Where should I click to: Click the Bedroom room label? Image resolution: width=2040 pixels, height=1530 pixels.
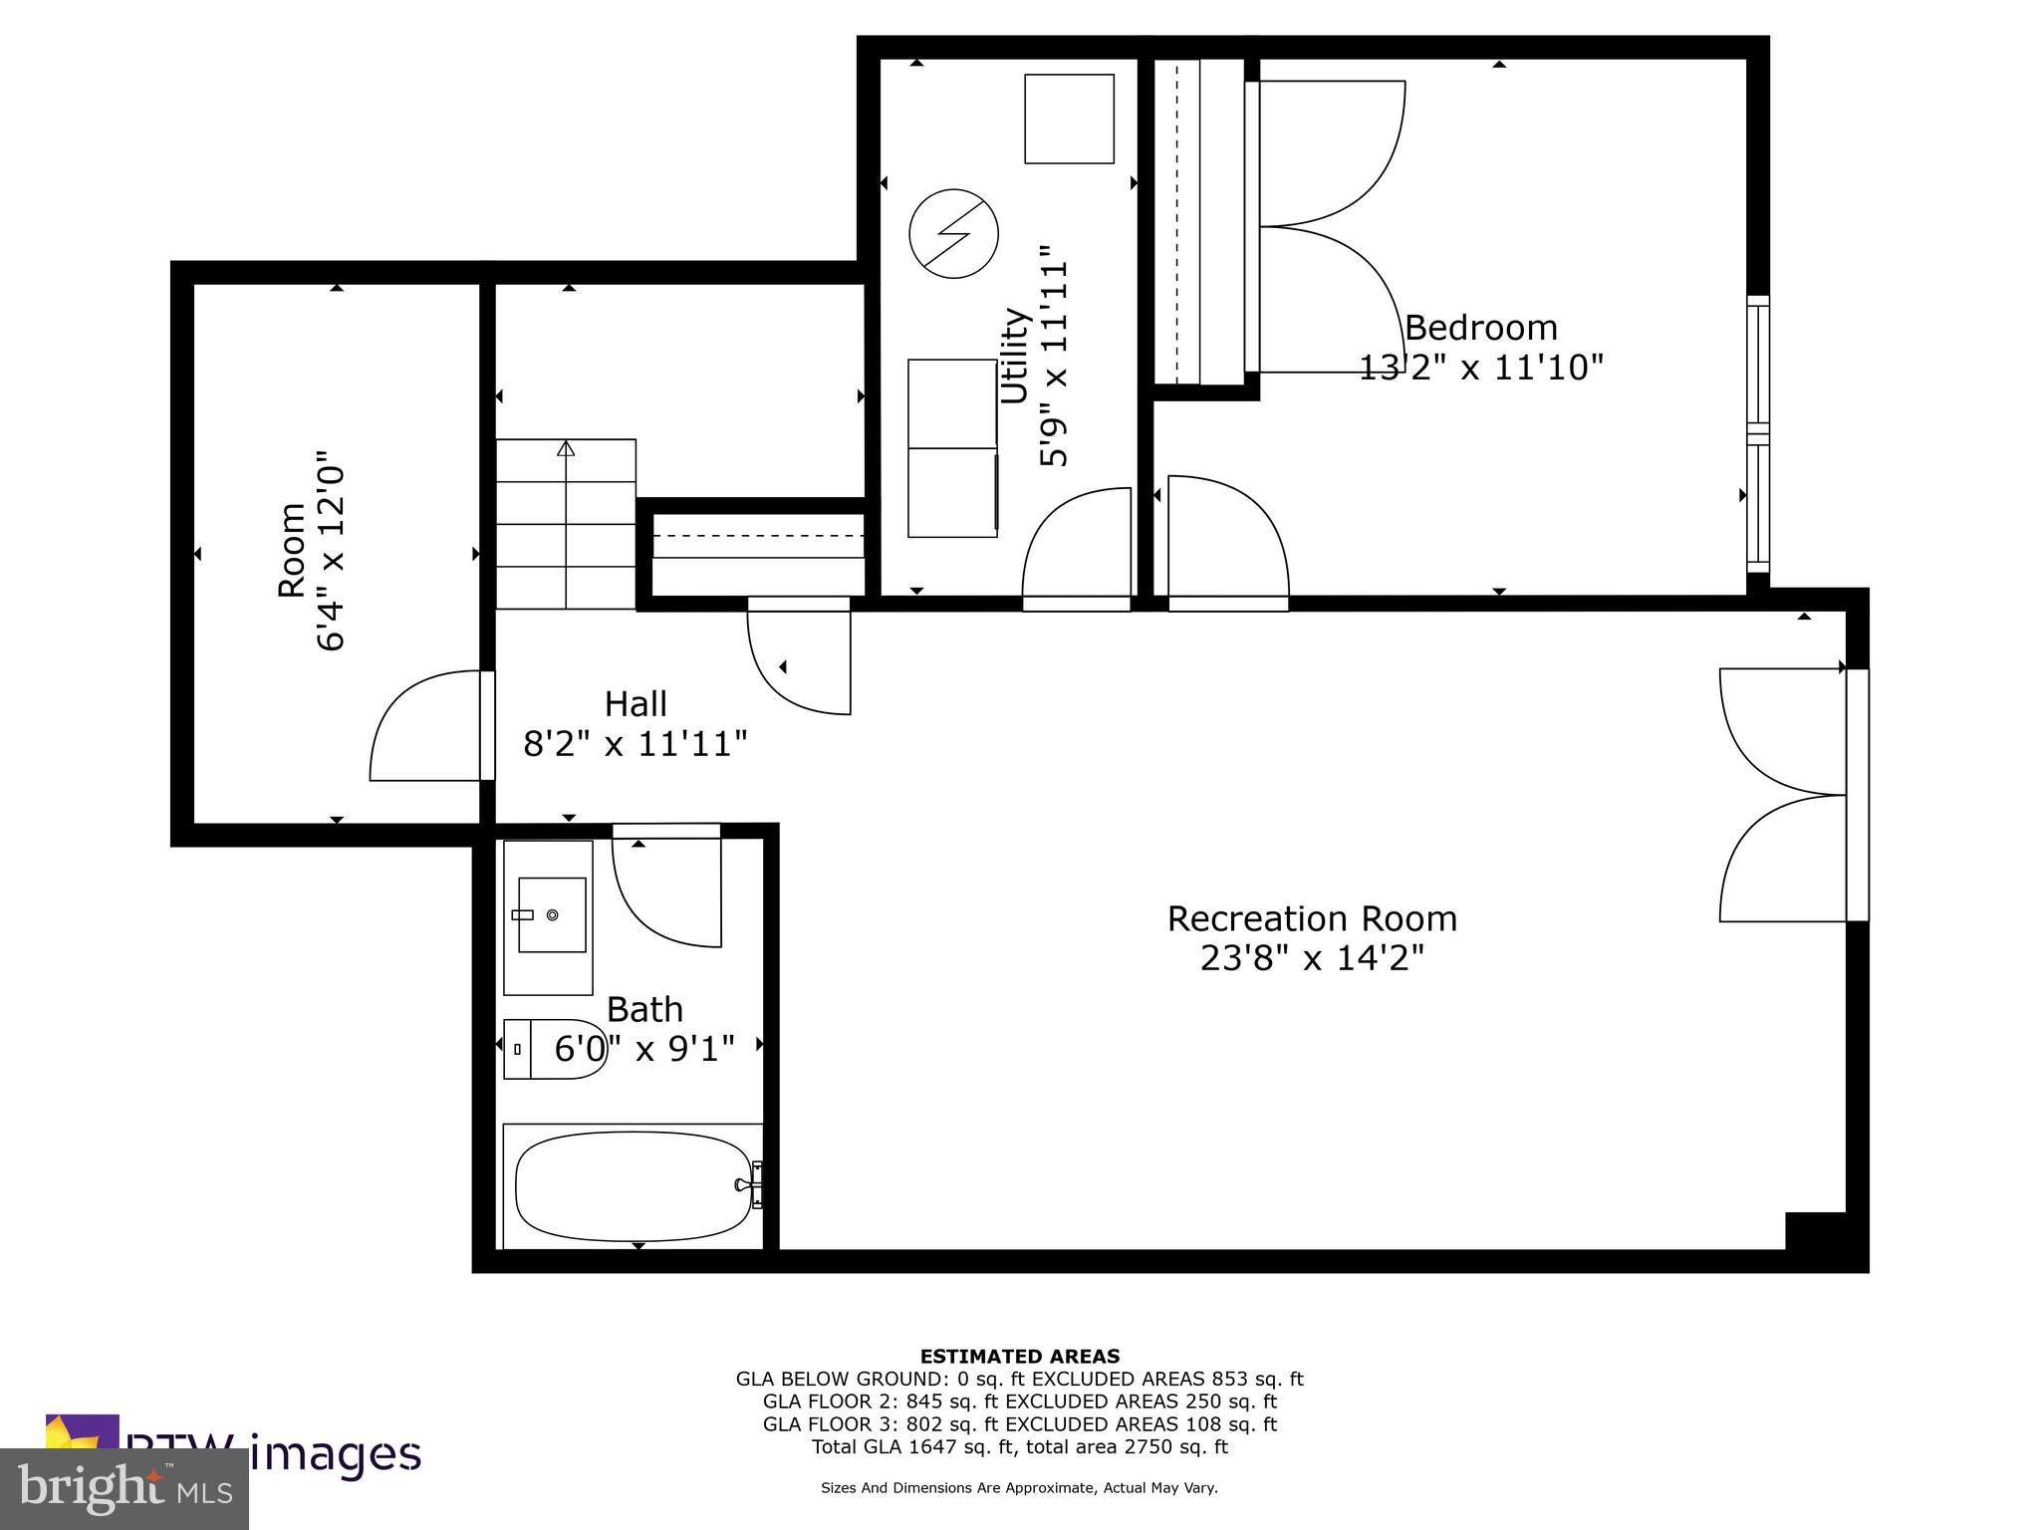(1480, 328)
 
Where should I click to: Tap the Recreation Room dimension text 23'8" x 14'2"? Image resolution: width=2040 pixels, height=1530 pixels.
(1312, 958)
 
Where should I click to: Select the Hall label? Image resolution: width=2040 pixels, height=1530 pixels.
(636, 704)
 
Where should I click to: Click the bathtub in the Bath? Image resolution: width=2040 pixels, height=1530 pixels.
(634, 1185)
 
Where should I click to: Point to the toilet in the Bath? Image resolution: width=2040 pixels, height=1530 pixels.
(554, 1049)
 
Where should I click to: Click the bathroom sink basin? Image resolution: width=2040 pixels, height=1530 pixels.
(551, 914)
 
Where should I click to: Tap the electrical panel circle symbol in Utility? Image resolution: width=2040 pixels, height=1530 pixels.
(953, 234)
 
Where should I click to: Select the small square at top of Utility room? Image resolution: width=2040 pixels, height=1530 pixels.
(1069, 119)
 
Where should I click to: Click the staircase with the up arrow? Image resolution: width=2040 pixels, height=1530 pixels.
(566, 524)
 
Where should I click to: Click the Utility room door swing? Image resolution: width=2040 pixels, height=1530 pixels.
(1076, 543)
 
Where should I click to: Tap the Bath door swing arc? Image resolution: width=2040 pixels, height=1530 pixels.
(665, 887)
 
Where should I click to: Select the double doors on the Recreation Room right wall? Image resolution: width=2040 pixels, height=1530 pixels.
(1783, 795)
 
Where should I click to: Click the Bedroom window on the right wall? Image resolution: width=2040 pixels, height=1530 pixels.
(1758, 434)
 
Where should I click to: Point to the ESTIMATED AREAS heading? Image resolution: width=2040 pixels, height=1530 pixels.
(1019, 1356)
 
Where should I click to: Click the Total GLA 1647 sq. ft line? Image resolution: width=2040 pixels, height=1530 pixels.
(1019, 1446)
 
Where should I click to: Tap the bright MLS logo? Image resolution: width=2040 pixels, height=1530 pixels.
(125, 1489)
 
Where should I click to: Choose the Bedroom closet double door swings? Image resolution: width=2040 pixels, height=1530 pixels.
(1330, 227)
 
